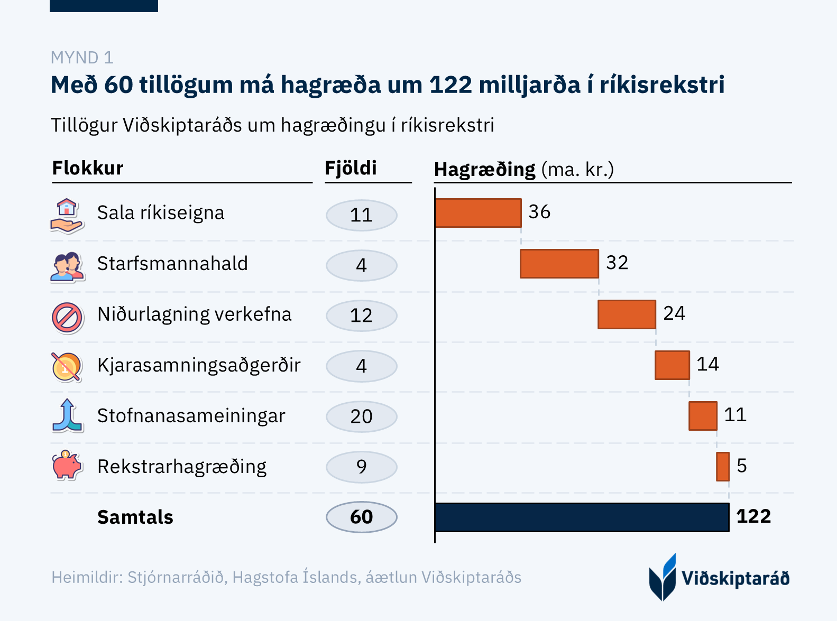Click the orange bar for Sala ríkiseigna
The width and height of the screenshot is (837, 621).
(478, 213)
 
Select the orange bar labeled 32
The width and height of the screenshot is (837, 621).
(559, 264)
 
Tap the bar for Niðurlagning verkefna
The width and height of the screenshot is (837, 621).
(627, 314)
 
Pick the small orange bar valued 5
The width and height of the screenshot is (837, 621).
(723, 467)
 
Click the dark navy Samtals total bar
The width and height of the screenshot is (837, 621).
(582, 517)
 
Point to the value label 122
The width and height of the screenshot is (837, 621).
(753, 516)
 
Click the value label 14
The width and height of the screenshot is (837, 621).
(707, 364)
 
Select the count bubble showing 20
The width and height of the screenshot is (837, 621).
(362, 416)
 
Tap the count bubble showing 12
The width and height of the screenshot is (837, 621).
(362, 316)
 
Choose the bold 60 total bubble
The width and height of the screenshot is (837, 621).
(362, 517)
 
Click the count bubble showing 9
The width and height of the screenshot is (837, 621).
(362, 467)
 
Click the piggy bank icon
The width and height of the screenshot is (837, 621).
(67, 466)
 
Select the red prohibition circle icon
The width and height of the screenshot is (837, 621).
(67, 318)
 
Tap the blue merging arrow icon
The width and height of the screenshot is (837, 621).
(67, 415)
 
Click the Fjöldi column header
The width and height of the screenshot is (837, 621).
(351, 168)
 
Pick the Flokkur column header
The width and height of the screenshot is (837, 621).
(88, 168)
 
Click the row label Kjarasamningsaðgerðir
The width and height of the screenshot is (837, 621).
(199, 365)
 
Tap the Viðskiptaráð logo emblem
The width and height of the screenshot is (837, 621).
(663, 577)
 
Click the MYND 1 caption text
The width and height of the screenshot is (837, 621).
(82, 58)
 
